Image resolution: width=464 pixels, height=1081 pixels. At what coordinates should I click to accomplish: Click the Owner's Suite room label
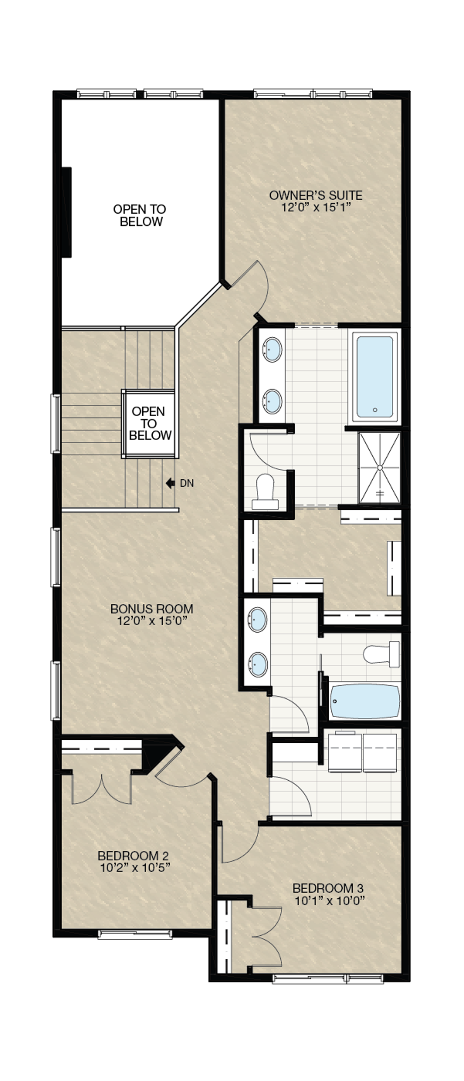click(316, 201)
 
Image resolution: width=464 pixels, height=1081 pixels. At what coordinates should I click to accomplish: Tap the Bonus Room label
click(152, 615)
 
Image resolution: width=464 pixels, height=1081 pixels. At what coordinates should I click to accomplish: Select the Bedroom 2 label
click(134, 861)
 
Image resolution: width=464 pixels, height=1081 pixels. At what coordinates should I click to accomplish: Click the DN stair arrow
click(171, 483)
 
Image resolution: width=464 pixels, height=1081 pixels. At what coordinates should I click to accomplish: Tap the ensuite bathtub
click(375, 376)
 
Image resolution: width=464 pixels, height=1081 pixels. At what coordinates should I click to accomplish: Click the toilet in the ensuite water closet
click(265, 492)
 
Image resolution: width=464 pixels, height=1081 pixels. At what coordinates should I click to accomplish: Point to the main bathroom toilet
click(381, 654)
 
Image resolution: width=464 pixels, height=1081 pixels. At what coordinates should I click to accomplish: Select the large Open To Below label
click(140, 215)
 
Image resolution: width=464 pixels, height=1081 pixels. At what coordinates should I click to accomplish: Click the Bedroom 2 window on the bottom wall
click(135, 934)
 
